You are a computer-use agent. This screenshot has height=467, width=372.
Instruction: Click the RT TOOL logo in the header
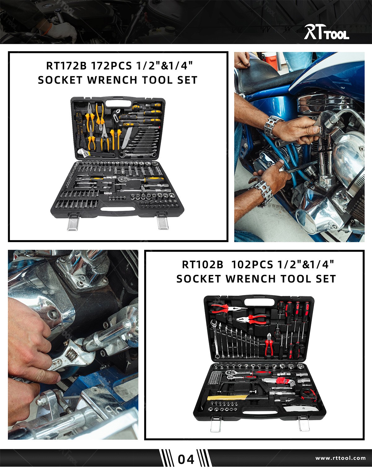tap(326, 32)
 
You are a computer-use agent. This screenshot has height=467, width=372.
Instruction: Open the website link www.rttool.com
tap(340, 458)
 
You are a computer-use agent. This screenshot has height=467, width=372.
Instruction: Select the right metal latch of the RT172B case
tap(162, 221)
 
